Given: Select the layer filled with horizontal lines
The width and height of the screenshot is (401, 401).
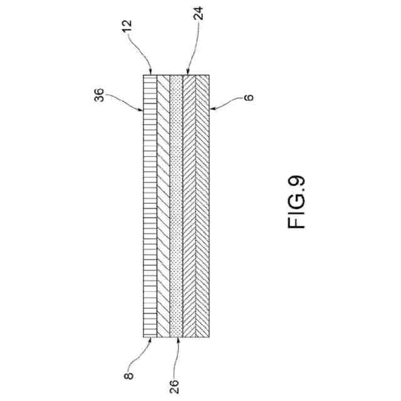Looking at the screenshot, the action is tap(150, 207).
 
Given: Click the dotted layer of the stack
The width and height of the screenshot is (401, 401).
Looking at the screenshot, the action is tap(176, 207).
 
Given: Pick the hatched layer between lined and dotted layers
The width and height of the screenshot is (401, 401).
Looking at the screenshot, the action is tap(162, 207).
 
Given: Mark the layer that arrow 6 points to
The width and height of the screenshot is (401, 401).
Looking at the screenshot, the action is tap(202, 207).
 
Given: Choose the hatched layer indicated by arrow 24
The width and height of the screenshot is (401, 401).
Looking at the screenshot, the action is tap(189, 207).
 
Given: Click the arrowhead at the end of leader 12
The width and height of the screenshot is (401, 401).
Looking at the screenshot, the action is tap(150, 73).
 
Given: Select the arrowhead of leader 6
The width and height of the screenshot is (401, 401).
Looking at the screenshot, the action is tap(211, 109).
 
